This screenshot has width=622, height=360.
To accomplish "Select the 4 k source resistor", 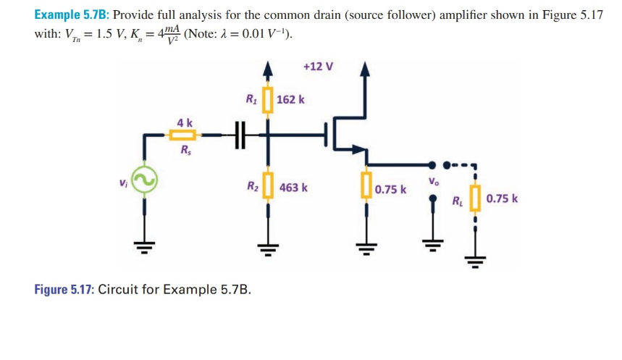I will tap(185, 135).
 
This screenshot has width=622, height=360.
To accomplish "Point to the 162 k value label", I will tap(291, 99).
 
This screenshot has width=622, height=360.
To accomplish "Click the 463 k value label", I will tap(293, 188).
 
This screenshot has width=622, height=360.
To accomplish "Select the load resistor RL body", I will tap(476, 198).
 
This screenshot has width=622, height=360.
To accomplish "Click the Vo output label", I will tap(433, 181).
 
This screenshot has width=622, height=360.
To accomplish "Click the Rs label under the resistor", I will tap(185, 152).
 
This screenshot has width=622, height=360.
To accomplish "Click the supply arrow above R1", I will tap(269, 70).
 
